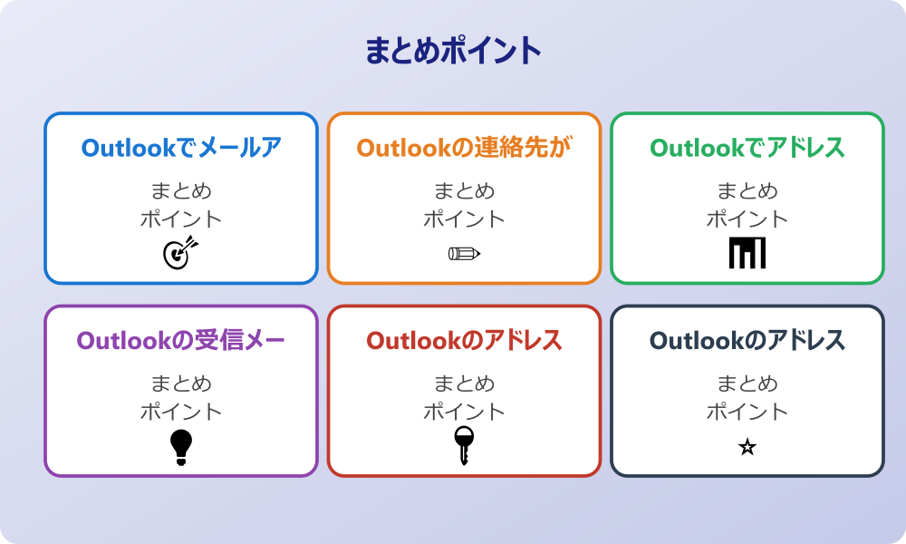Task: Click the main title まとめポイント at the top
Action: [x=453, y=51]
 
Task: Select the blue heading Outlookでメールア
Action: [x=181, y=148]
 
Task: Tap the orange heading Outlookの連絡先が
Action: [x=464, y=148]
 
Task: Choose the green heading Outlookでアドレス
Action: [x=747, y=148]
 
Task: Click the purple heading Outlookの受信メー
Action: [x=181, y=341]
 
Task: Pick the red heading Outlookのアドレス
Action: [x=464, y=341]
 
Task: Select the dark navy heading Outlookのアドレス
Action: [x=747, y=341]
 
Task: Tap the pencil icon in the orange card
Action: [x=464, y=254]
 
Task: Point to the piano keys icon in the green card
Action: [x=747, y=253]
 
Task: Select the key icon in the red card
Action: [x=464, y=446]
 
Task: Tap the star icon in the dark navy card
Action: [x=747, y=447]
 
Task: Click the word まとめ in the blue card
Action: [x=181, y=191]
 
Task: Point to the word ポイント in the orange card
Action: [x=464, y=219]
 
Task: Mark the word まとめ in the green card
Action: [x=747, y=191]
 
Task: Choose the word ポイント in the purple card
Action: [x=181, y=413]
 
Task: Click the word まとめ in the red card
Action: [x=464, y=384]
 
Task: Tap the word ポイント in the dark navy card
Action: [x=747, y=413]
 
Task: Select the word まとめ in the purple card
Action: [x=181, y=384]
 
